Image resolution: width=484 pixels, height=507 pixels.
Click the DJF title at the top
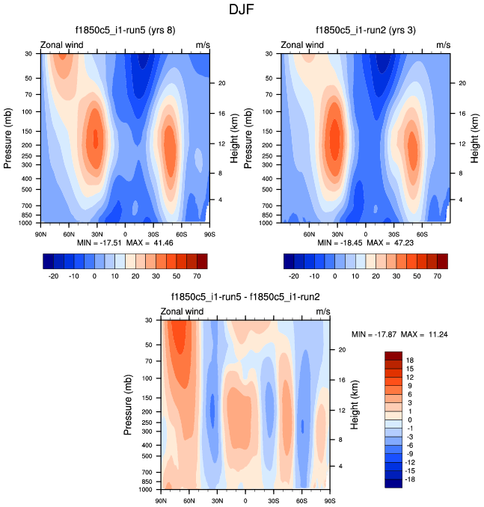coord(241,10)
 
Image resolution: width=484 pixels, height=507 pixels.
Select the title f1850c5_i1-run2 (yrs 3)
coord(366,30)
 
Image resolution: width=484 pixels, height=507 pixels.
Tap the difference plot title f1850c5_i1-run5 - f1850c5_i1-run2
coord(245,297)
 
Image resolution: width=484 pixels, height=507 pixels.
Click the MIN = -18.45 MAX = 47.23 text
coord(366,244)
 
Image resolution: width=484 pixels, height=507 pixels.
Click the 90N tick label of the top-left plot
coord(42,233)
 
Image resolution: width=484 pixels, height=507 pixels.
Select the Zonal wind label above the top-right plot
coord(302,46)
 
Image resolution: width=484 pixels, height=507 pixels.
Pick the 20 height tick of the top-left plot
coord(221,83)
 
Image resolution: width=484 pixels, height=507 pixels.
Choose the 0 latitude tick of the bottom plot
coord(245,500)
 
